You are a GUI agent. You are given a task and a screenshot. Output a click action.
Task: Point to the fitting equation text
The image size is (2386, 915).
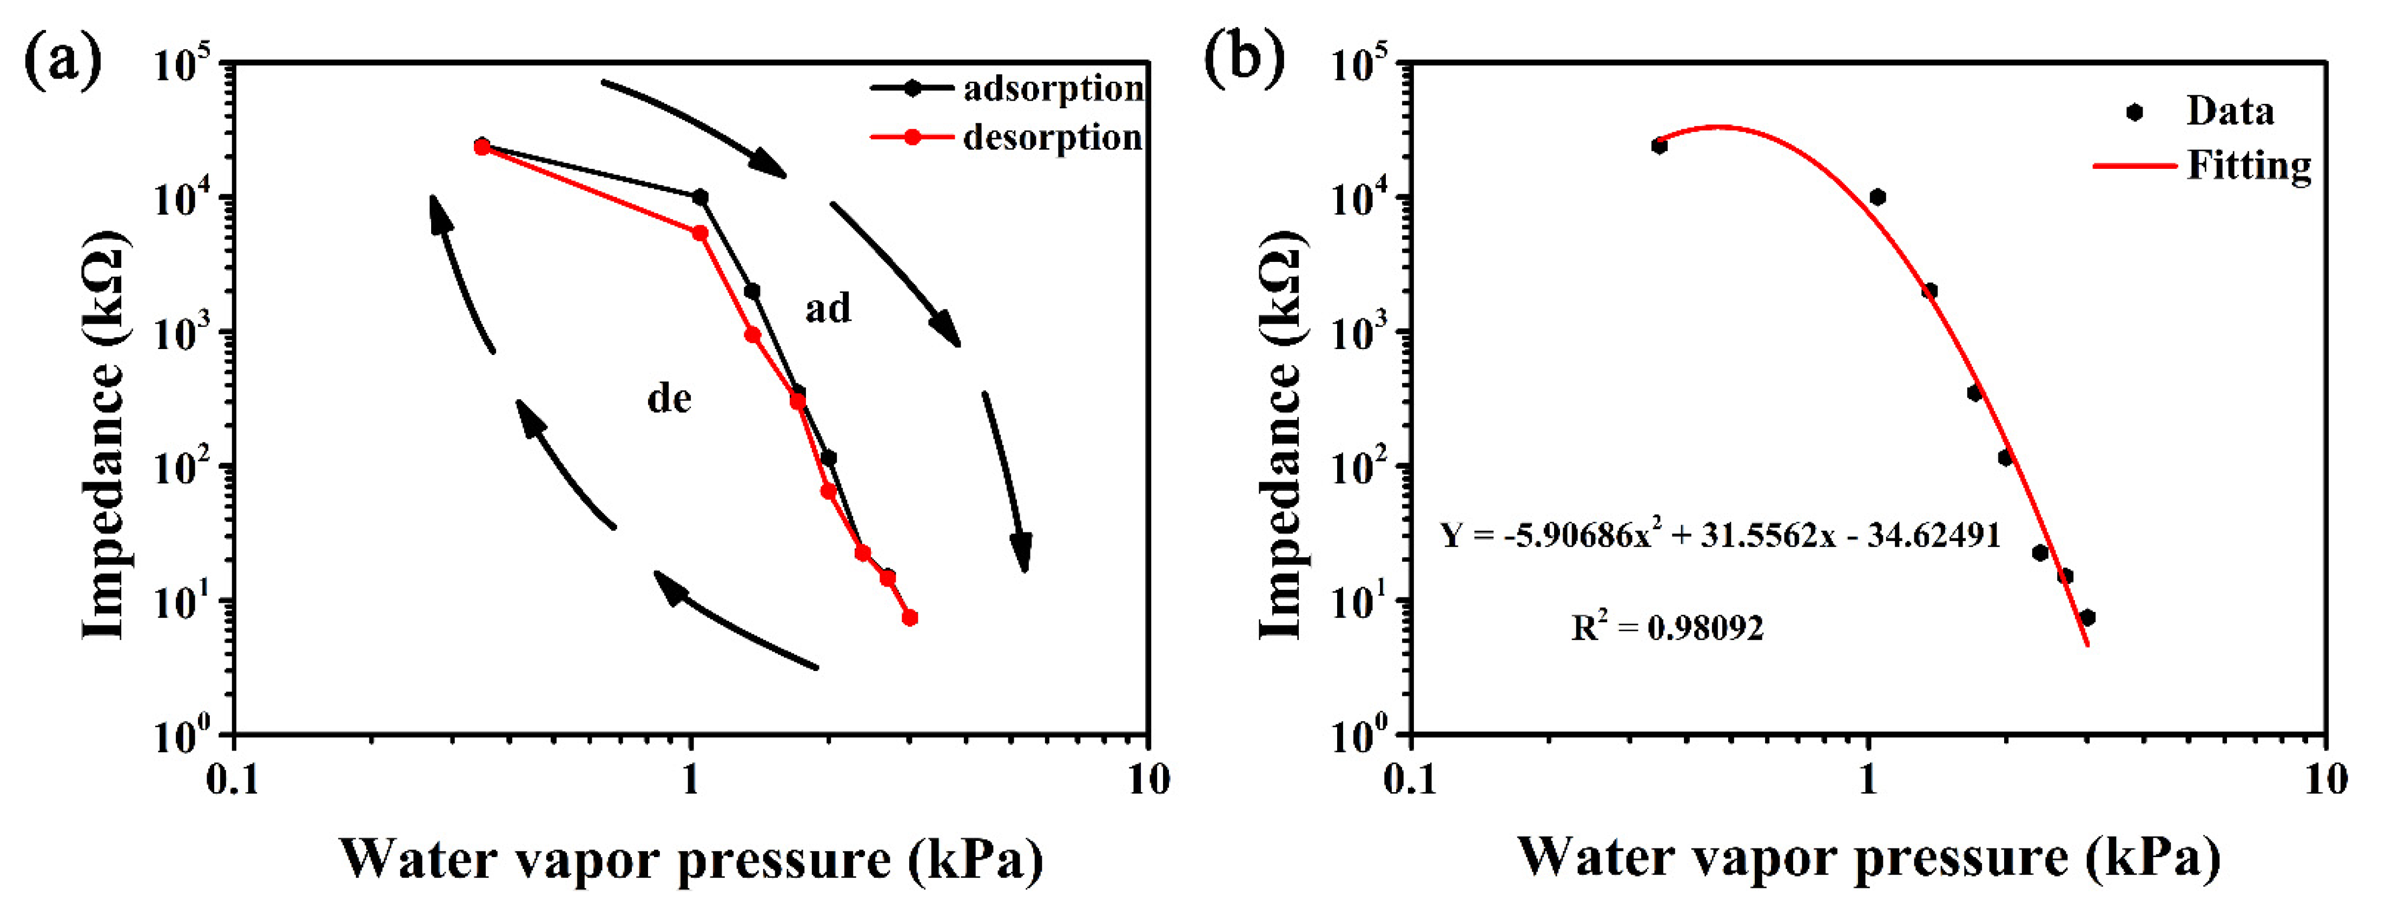click(x=1720, y=535)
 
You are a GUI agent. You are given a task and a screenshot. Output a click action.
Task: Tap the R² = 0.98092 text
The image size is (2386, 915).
click(x=1667, y=628)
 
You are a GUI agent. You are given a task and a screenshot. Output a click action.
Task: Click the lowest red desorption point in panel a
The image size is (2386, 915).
click(x=910, y=618)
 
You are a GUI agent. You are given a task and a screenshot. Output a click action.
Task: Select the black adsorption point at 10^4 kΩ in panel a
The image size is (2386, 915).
click(x=700, y=198)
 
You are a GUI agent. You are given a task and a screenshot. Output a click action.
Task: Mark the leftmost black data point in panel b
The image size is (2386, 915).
click(x=1659, y=146)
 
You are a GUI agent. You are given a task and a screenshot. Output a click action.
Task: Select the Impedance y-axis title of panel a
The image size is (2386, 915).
click(x=104, y=435)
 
